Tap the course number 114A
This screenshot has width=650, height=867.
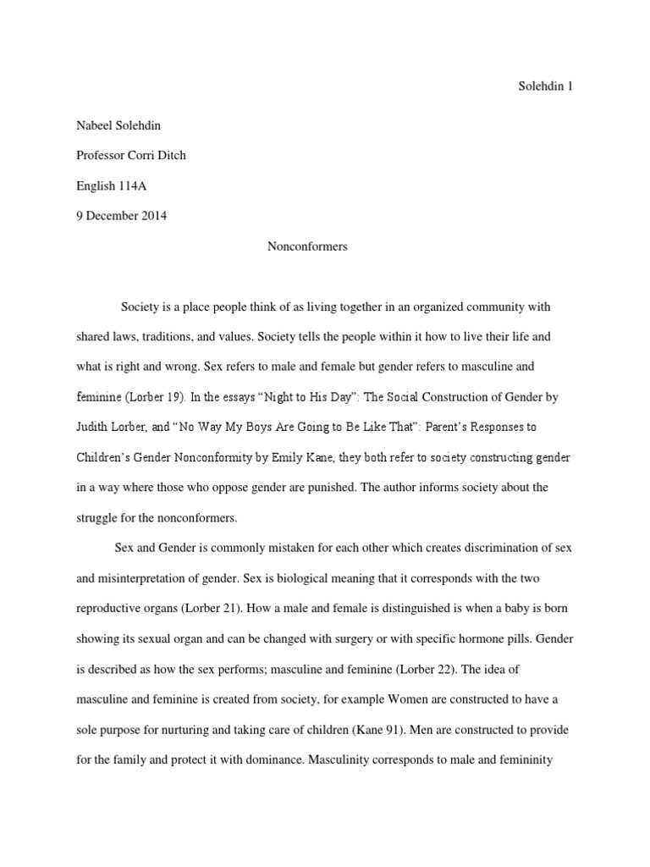tap(134, 186)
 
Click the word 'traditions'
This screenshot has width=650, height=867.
tap(169, 336)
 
